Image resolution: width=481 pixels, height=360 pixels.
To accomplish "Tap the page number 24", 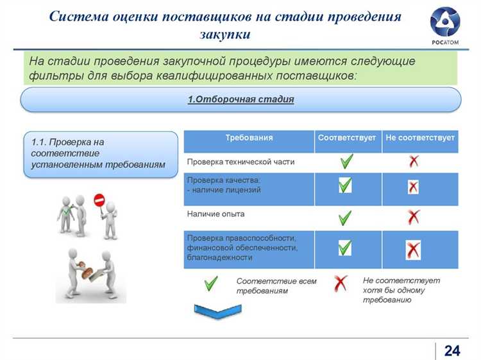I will (452, 350).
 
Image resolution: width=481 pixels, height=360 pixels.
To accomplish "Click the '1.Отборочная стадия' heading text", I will (240, 99).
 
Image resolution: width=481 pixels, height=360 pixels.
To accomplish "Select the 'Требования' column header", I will (249, 138).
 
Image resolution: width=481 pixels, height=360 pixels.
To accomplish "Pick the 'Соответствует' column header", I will (346, 138).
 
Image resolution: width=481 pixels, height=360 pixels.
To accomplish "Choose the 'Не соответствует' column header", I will (420, 138).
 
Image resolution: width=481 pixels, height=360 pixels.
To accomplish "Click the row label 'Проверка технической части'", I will (232, 162).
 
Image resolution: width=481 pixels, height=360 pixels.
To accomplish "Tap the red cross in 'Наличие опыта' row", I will (414, 218).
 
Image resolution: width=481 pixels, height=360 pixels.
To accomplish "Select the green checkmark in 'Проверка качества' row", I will (345, 186).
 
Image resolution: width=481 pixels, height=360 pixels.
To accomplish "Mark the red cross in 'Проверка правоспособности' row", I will (413, 250).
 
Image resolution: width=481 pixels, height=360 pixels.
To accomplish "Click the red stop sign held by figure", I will (99, 200).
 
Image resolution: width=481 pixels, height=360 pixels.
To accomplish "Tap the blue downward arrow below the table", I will (217, 311).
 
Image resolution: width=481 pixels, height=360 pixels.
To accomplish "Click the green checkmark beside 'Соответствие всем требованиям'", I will (210, 283).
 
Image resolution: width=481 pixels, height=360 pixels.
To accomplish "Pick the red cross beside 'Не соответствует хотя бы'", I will (341, 283).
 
